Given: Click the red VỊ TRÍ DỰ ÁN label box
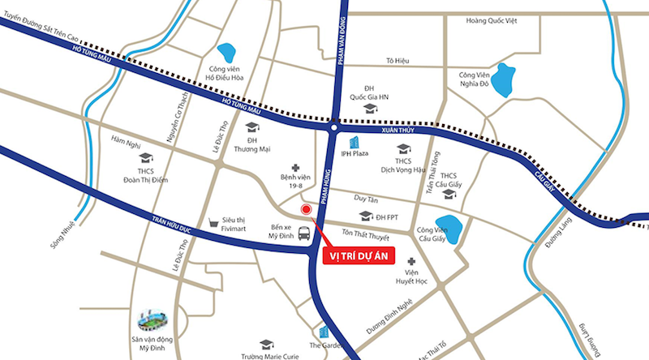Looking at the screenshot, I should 358,256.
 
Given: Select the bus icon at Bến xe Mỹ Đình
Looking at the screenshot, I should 303,234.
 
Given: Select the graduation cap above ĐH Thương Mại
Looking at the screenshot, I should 251,127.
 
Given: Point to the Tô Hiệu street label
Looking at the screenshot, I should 397,61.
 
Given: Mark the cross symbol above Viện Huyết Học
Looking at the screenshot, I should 412,262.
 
